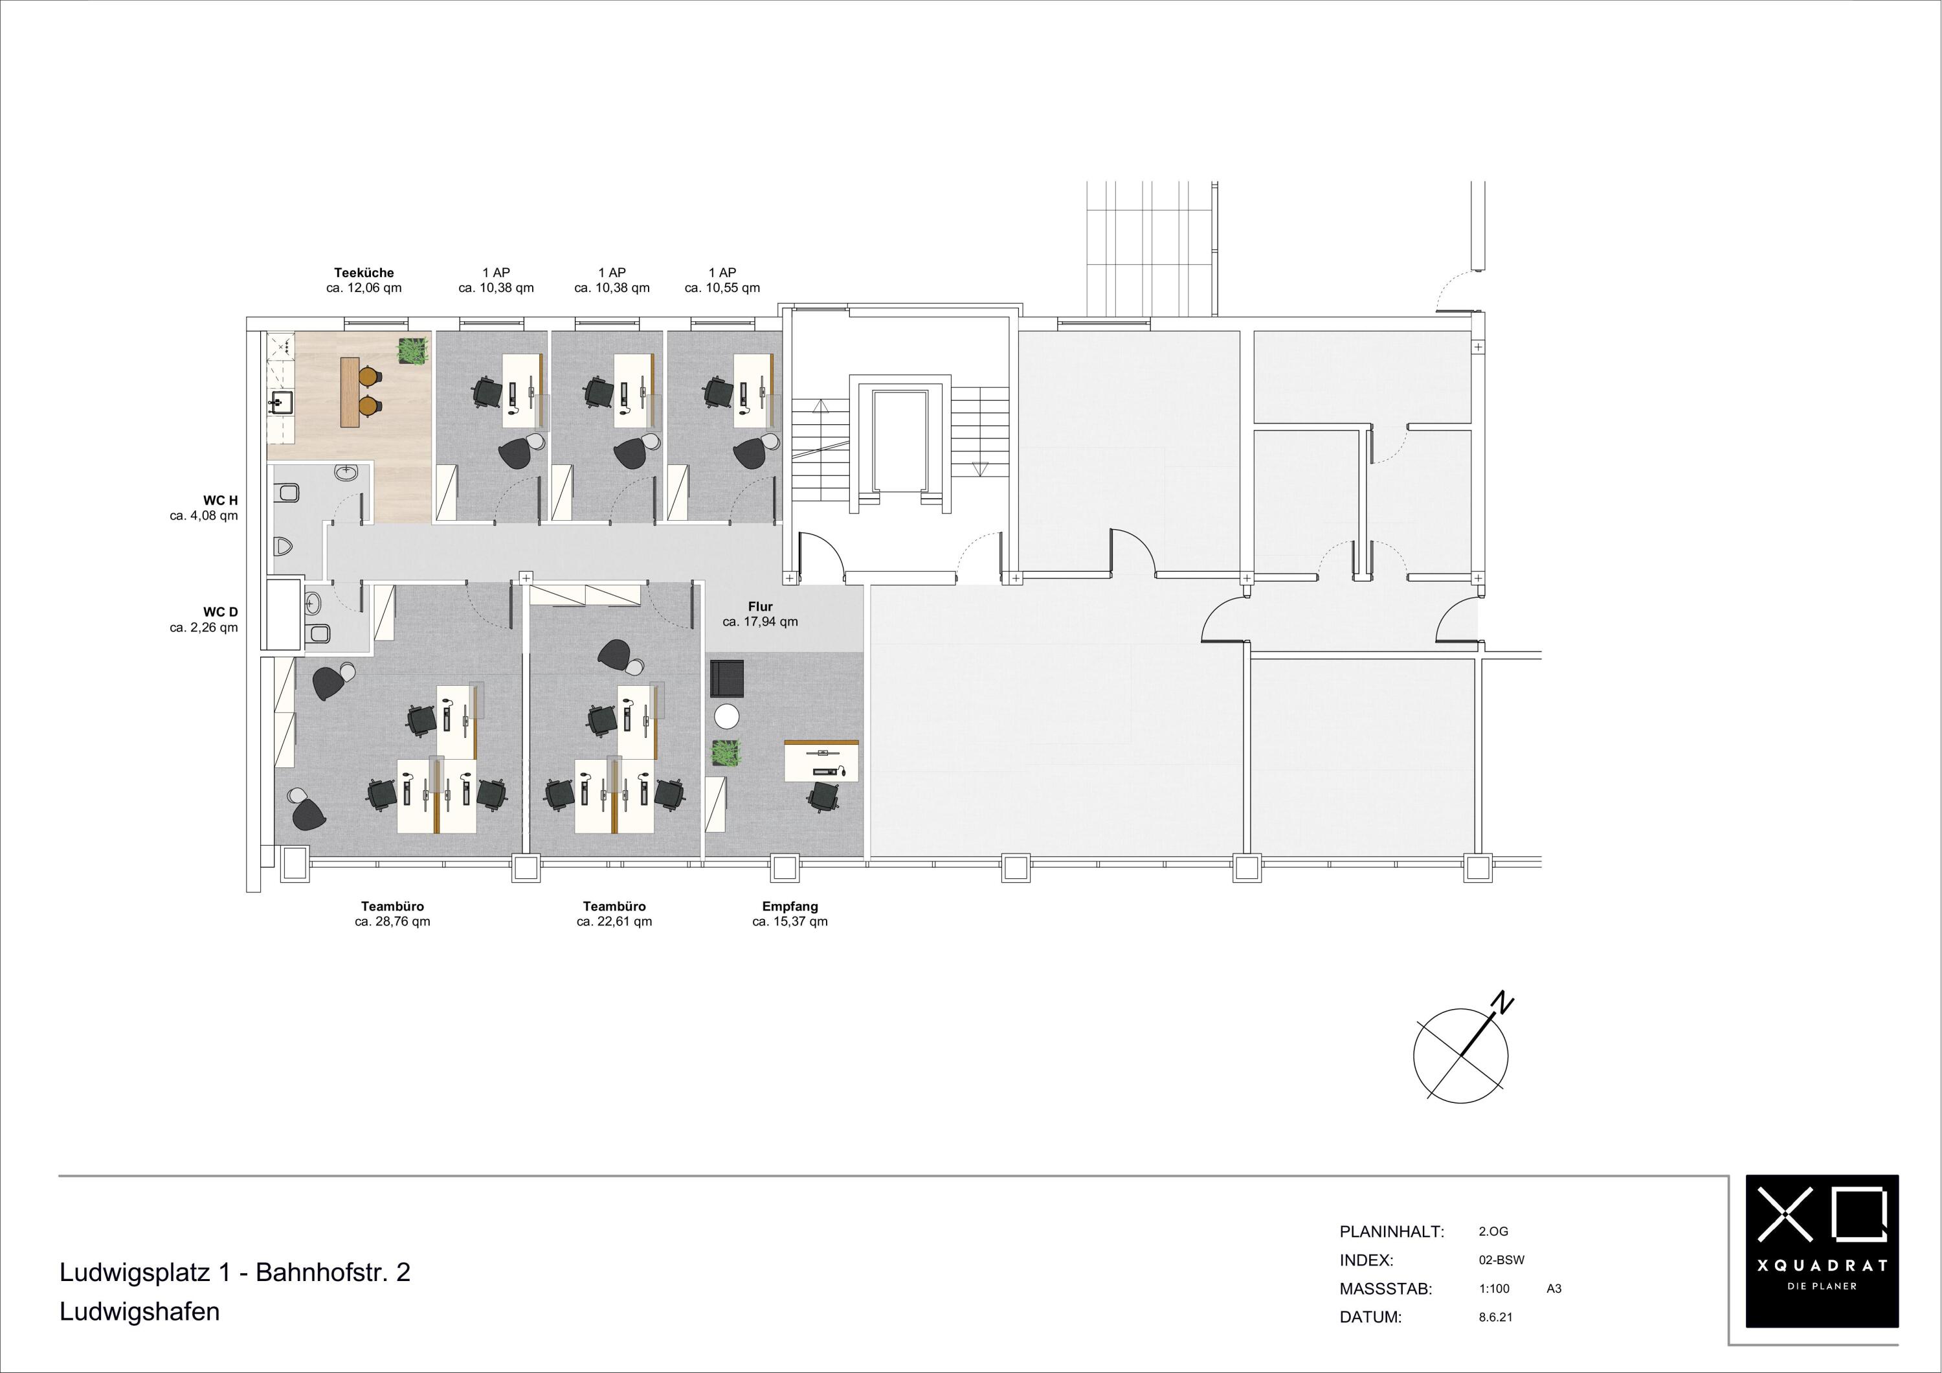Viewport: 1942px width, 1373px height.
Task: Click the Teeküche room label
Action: pyautogui.click(x=364, y=273)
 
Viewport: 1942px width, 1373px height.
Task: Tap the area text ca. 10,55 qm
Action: pyautogui.click(x=722, y=288)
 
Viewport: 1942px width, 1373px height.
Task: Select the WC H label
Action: pyautogui.click(x=221, y=501)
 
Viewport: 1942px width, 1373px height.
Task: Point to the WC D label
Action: pyautogui.click(x=221, y=611)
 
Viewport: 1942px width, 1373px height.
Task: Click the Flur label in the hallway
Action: pyautogui.click(x=761, y=607)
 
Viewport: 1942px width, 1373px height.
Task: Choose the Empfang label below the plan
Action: pyautogui.click(x=790, y=906)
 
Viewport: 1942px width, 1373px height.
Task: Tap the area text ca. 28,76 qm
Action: pyautogui.click(x=392, y=921)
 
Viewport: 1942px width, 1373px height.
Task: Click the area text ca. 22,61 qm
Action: pyautogui.click(x=614, y=921)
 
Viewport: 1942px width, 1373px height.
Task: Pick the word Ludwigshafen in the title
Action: pyautogui.click(x=140, y=1311)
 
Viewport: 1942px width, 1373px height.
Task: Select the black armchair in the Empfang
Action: pyautogui.click(x=726, y=677)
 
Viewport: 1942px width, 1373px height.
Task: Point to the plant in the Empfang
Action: pyautogui.click(x=726, y=754)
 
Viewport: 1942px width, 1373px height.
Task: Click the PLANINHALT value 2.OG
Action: pyautogui.click(x=1493, y=1232)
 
